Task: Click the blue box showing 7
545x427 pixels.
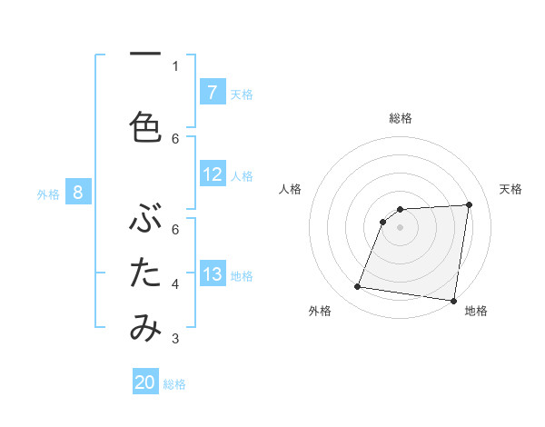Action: pyautogui.click(x=212, y=93)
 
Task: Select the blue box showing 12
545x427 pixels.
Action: pyautogui.click(x=212, y=174)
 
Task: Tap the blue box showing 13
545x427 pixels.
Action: pyautogui.click(x=212, y=274)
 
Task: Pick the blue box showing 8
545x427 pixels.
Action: pyautogui.click(x=78, y=193)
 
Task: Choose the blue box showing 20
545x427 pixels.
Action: pyautogui.click(x=145, y=383)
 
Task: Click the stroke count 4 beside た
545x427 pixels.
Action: pyautogui.click(x=175, y=284)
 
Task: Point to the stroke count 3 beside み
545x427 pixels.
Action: pyautogui.click(x=175, y=340)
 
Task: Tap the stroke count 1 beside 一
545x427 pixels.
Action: pyautogui.click(x=175, y=65)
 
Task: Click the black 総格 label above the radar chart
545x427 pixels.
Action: pyautogui.click(x=401, y=118)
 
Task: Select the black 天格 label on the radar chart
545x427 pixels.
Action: pyautogui.click(x=510, y=189)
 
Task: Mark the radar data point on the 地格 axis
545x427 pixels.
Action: pyautogui.click(x=453, y=301)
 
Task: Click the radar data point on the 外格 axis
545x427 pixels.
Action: pyautogui.click(x=358, y=287)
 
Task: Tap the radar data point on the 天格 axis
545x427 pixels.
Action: pyautogui.click(x=469, y=205)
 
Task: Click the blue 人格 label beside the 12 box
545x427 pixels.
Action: pyautogui.click(x=242, y=175)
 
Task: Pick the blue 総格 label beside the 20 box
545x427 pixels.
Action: pyautogui.click(x=174, y=384)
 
